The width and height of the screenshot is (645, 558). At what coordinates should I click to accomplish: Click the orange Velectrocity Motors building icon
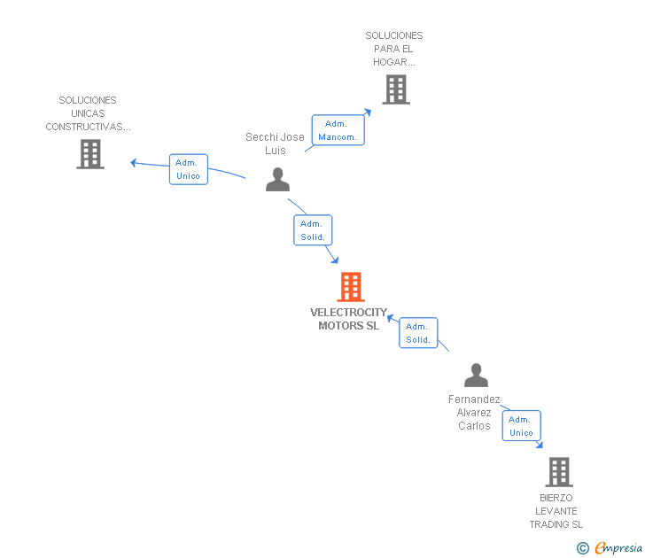(x=351, y=287)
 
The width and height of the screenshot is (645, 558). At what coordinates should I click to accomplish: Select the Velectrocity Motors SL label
(x=348, y=319)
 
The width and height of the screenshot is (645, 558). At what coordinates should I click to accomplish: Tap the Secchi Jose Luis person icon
(x=277, y=180)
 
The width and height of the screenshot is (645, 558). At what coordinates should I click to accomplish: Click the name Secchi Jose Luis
(x=275, y=143)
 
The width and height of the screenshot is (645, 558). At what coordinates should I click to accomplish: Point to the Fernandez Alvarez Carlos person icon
(x=476, y=376)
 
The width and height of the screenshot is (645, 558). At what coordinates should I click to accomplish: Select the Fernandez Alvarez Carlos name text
(x=474, y=413)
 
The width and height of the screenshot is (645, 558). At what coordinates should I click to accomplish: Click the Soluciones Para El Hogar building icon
(x=395, y=89)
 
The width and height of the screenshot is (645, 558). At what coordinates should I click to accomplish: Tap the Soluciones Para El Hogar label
(x=394, y=49)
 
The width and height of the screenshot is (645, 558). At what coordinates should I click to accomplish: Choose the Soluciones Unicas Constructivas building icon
(x=89, y=154)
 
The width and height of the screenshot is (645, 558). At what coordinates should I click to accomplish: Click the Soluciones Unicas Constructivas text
(x=88, y=113)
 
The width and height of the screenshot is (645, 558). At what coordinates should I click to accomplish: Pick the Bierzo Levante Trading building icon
(x=558, y=472)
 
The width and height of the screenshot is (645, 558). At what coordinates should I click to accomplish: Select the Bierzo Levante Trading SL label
(x=556, y=511)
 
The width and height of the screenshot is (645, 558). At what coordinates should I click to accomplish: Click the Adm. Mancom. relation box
(x=338, y=130)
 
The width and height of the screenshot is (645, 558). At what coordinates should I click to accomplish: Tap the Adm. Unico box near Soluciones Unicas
(x=188, y=169)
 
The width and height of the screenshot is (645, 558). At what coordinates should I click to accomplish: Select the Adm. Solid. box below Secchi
(x=313, y=230)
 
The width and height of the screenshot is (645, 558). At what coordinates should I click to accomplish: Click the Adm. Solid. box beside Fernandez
(x=418, y=333)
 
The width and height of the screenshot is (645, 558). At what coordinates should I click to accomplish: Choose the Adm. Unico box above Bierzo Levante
(x=521, y=426)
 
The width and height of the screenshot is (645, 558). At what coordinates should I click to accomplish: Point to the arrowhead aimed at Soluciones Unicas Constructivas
(x=134, y=162)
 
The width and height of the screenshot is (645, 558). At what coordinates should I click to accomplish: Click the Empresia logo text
(x=621, y=546)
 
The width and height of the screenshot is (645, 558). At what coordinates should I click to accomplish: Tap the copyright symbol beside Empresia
(x=582, y=547)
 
